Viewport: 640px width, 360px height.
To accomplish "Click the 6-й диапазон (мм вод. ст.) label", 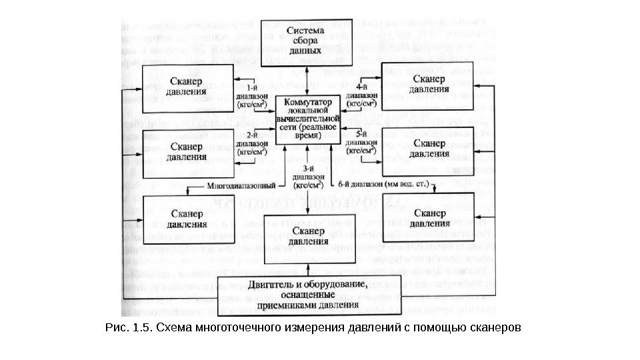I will [x=383, y=183].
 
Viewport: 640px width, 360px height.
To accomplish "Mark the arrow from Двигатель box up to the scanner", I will [x=307, y=265].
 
